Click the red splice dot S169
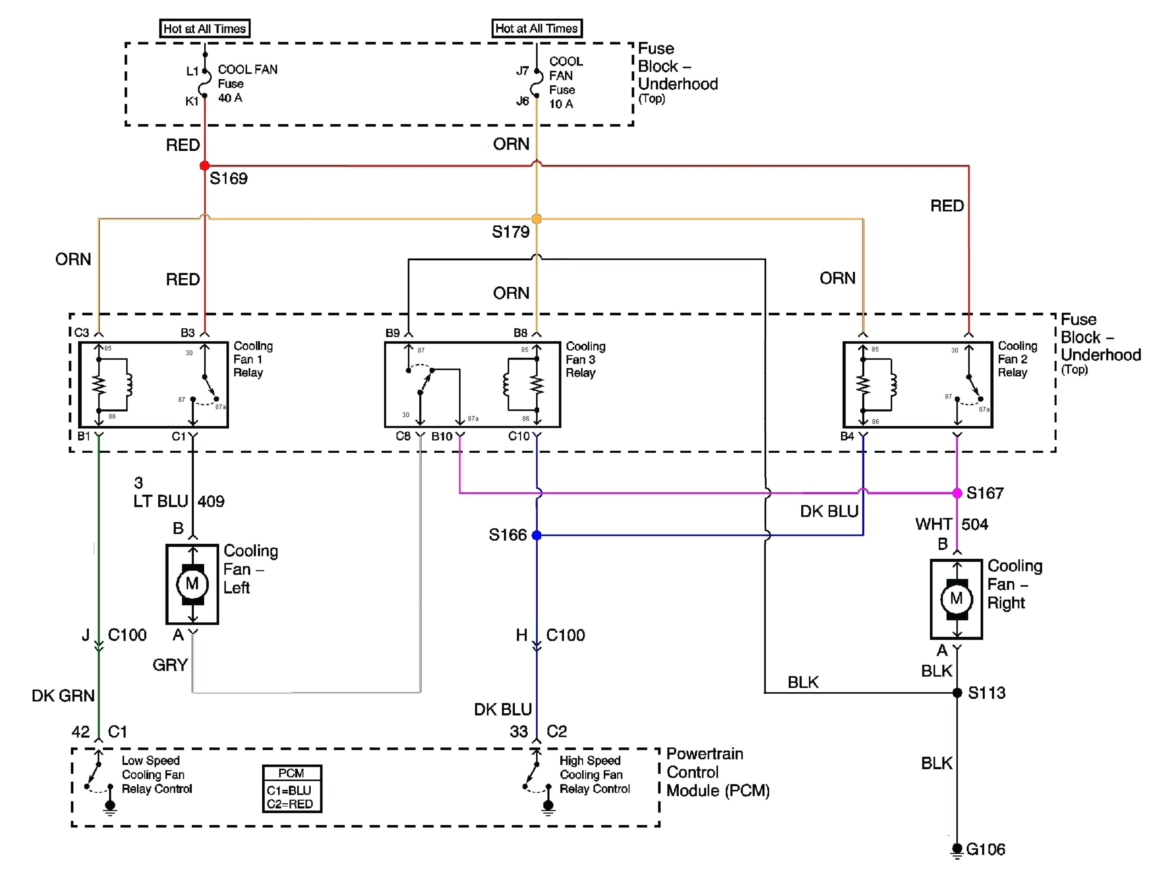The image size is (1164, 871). [x=205, y=166]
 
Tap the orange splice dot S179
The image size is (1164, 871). [x=536, y=219]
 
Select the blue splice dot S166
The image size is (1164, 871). [x=536, y=535]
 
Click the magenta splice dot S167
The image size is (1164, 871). [x=957, y=493]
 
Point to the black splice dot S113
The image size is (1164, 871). [x=957, y=692]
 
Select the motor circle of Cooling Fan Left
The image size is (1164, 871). [x=193, y=584]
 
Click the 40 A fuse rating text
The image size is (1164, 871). [x=230, y=98]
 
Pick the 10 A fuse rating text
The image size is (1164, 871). [x=561, y=104]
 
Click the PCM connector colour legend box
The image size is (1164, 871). [x=292, y=789]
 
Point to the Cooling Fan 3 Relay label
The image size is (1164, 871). [x=585, y=360]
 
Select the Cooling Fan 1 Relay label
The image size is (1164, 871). [x=253, y=360]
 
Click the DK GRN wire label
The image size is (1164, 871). [x=63, y=696]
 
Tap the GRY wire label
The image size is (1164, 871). [x=170, y=665]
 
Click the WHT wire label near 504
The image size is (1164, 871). [x=933, y=524]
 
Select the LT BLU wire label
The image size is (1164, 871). [x=160, y=501]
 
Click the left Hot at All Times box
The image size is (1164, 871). [x=205, y=28]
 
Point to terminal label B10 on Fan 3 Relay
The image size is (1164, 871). [x=441, y=436]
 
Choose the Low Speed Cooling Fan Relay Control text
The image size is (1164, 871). [x=156, y=775]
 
